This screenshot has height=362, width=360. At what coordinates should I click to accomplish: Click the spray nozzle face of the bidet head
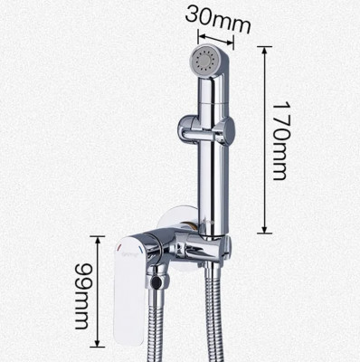coord(204,61)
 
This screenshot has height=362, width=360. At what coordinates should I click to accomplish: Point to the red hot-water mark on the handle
coord(119,247)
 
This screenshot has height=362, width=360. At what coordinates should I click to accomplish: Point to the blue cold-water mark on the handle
coord(140,250)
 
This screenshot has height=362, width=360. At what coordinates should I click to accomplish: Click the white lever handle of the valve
coord(130,290)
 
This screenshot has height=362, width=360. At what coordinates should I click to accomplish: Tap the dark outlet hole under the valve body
coord(156,282)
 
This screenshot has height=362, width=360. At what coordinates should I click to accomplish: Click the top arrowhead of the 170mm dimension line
coord(265,51)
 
